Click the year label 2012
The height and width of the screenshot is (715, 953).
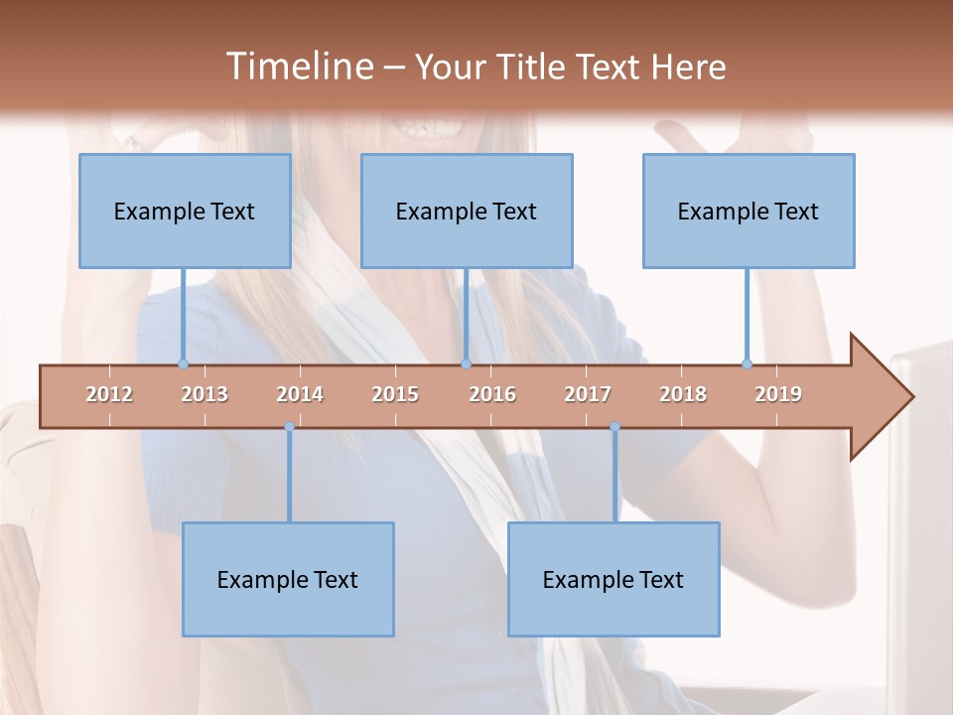(109, 394)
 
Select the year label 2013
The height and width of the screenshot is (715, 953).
(204, 394)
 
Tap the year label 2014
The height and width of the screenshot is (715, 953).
(300, 394)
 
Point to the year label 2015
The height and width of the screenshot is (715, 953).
(395, 394)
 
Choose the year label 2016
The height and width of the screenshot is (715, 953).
(492, 394)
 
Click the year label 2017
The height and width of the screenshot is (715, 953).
(588, 394)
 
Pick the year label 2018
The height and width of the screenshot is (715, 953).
(683, 394)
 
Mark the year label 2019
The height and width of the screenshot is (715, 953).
(778, 394)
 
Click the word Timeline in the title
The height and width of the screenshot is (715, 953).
(298, 67)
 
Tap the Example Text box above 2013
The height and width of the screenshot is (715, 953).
(185, 211)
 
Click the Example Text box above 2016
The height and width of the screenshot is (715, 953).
(467, 211)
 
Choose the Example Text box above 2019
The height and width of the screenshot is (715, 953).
(749, 211)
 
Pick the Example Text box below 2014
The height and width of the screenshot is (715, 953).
(288, 579)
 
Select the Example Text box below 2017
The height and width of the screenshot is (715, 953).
(613, 579)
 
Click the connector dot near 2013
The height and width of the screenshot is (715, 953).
(183, 363)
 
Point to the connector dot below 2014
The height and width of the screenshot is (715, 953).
(289, 427)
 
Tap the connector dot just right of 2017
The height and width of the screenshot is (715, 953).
(614, 427)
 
